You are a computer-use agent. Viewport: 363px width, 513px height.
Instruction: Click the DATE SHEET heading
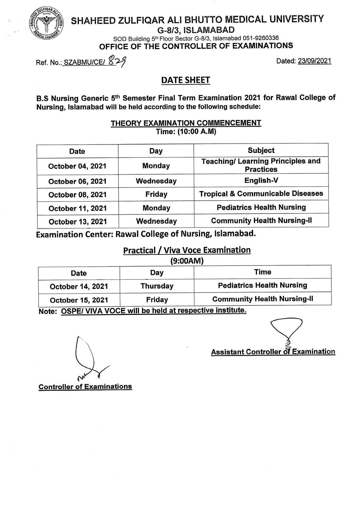pyautogui.click(x=186, y=80)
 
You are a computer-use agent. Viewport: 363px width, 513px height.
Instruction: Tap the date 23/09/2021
pyautogui.click(x=314, y=61)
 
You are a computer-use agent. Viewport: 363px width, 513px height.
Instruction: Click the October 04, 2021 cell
pyautogui.click(x=77, y=166)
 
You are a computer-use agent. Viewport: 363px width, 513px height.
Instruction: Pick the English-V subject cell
pyautogui.click(x=261, y=180)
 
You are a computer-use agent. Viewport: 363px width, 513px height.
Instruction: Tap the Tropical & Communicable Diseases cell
pyautogui.click(x=261, y=194)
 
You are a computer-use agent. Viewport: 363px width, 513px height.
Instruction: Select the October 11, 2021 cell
pyautogui.click(x=77, y=208)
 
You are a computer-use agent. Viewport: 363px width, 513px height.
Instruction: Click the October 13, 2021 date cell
pyautogui.click(x=77, y=221)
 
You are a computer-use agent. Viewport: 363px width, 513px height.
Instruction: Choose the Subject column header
pyautogui.click(x=261, y=150)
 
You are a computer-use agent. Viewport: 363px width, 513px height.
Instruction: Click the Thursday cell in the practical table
pyautogui.click(x=157, y=286)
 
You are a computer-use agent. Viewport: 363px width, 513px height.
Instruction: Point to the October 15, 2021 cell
pyautogui.click(x=79, y=300)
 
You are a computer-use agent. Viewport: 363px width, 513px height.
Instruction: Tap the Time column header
pyautogui.click(x=263, y=272)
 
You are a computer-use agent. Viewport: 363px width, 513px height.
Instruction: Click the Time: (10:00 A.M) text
pyautogui.click(x=186, y=131)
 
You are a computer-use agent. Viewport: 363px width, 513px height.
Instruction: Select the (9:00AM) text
pyautogui.click(x=187, y=261)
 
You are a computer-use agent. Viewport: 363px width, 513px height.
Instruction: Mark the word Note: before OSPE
pyautogui.click(x=47, y=312)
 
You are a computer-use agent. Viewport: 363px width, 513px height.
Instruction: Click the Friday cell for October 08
pyautogui.click(x=156, y=194)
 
